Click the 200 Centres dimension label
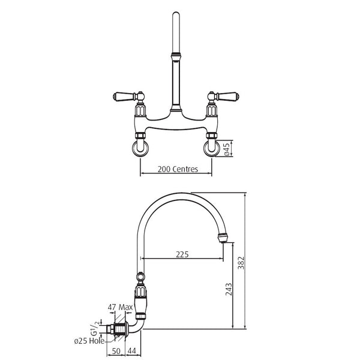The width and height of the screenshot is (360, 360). [178, 169]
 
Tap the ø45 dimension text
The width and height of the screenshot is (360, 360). [227, 149]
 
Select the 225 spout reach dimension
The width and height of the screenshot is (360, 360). [182, 254]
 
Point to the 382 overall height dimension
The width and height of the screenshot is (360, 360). [241, 263]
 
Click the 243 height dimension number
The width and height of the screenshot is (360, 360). [229, 289]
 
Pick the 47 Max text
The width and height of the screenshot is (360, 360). [121, 307]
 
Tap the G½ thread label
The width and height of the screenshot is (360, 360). [95, 328]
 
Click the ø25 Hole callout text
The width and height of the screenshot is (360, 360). [89, 341]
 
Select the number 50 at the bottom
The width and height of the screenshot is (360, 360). [116, 351]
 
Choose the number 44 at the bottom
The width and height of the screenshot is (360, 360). [131, 351]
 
